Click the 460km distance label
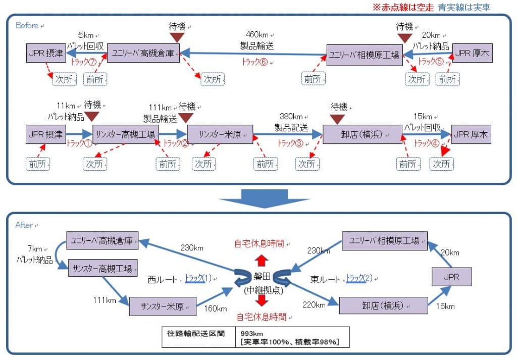coord(257,35)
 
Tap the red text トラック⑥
coord(255,62)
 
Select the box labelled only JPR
coord(452,277)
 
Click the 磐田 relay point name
coord(262,277)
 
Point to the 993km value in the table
coord(251,334)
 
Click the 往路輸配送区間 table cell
coord(196,334)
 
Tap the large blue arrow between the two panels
coord(264,199)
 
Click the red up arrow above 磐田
coord(262,261)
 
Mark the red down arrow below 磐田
coord(262,300)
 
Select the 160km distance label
coord(215,308)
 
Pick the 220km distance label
coord(314,305)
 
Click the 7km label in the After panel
coord(35,249)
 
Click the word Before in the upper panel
coord(27,25)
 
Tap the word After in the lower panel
coord(24,225)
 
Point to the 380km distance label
coord(291,116)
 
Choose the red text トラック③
coord(290,143)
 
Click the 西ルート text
coord(163,280)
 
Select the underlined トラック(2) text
coord(359,278)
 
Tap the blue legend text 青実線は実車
coord(464,7)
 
